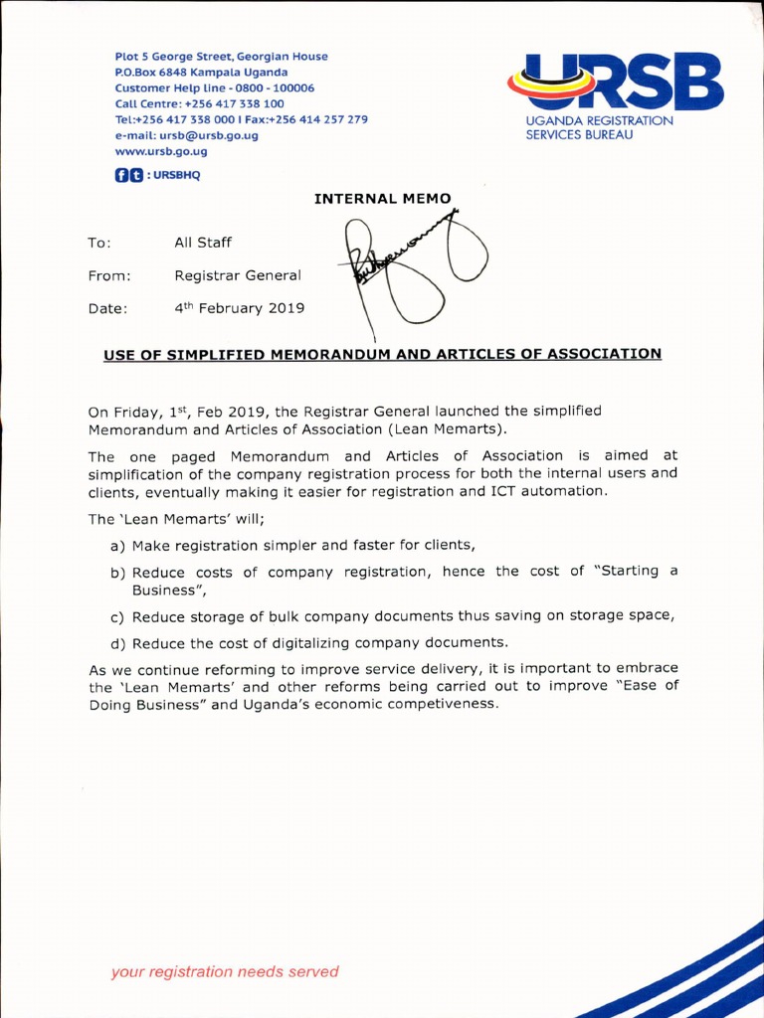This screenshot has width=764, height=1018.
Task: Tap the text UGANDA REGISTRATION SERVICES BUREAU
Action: (599, 127)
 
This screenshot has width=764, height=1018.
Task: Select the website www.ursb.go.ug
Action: (161, 151)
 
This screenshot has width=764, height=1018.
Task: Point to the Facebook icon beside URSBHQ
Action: (122, 176)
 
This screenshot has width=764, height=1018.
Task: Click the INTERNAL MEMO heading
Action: (375, 199)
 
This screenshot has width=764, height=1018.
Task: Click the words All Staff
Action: (202, 243)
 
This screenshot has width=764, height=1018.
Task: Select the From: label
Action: (108, 275)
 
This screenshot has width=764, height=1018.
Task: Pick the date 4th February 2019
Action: (239, 308)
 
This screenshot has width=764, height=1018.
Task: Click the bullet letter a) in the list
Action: (118, 545)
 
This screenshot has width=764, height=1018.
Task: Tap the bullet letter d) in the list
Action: (118, 642)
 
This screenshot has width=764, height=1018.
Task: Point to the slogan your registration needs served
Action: (225, 971)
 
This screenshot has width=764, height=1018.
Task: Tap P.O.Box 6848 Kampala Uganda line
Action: (202, 72)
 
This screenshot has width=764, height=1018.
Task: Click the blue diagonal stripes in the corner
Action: (696, 979)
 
